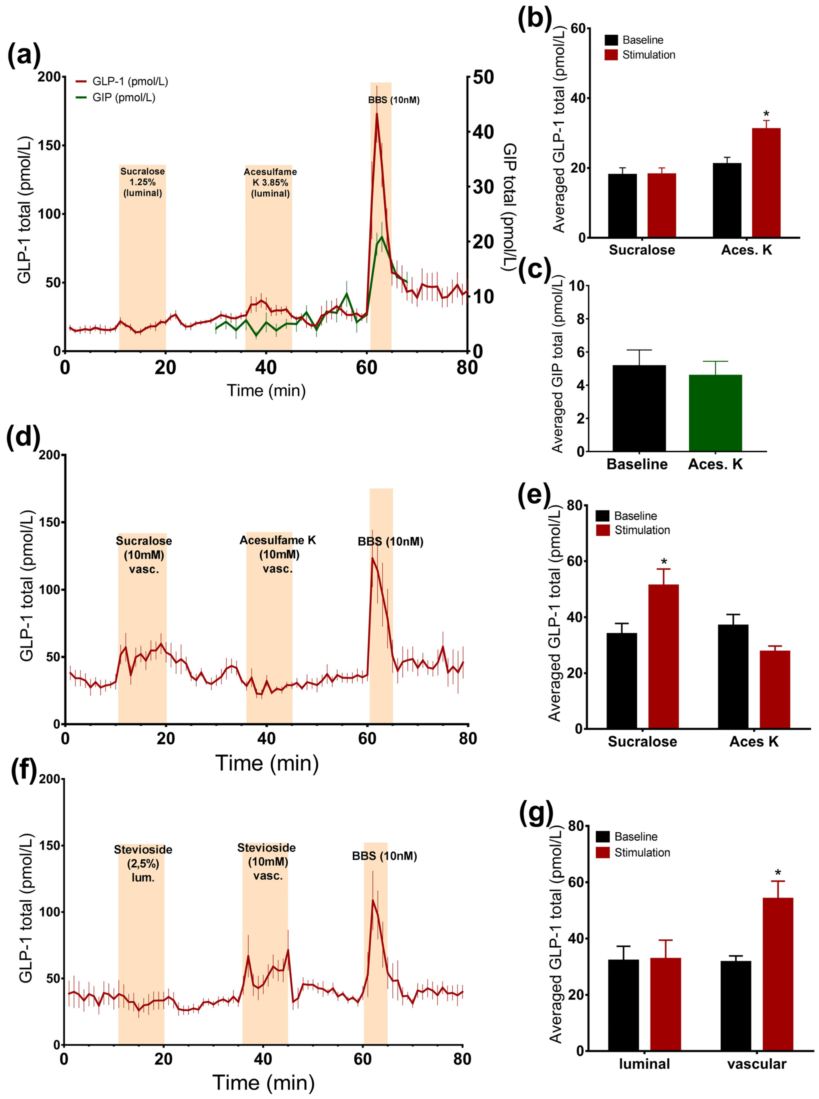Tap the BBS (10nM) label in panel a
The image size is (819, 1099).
coord(394,100)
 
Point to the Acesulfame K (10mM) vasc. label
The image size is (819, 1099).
coord(278,554)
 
